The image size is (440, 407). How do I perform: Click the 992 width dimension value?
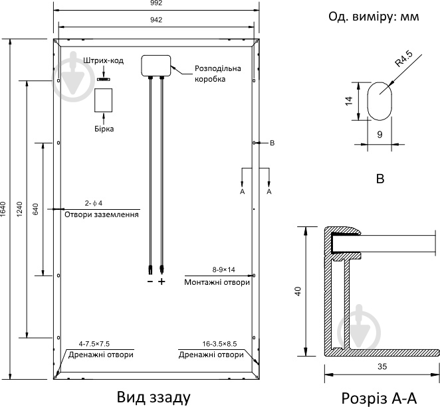pyautogui.click(x=156, y=4)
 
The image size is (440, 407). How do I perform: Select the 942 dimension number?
pyautogui.click(x=156, y=20)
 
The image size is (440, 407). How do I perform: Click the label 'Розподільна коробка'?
pyautogui.click(x=217, y=73)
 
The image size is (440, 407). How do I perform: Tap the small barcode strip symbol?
pyautogui.click(x=104, y=79)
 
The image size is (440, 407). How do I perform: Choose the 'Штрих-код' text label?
pyautogui.click(x=103, y=61)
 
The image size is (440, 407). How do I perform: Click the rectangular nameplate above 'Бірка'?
pyautogui.click(x=104, y=100)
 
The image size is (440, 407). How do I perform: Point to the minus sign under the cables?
pyautogui.click(x=150, y=282)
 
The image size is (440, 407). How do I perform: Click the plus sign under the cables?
pyautogui.click(x=161, y=282)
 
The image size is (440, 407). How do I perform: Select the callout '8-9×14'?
pyautogui.click(x=223, y=270)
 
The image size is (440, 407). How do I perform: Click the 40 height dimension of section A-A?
pyautogui.click(x=298, y=290)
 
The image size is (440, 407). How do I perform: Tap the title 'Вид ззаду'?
pyautogui.click(x=154, y=396)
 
